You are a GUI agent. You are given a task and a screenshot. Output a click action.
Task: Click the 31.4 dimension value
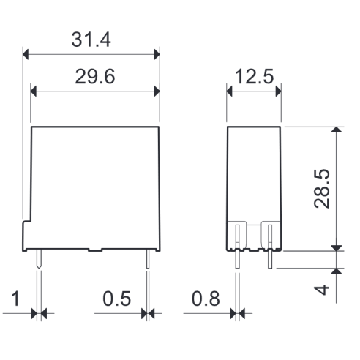(x=91, y=40)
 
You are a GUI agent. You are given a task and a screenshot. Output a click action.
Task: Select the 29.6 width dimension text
(x=95, y=77)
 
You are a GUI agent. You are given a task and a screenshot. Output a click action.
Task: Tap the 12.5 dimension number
(x=254, y=76)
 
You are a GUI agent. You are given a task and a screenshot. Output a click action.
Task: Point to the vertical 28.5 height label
(x=321, y=189)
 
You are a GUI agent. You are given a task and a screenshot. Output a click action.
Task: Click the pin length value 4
(x=321, y=290)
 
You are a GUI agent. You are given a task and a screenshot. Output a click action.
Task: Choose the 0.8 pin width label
(x=206, y=299)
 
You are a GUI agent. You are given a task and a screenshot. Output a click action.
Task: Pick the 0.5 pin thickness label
(x=117, y=299)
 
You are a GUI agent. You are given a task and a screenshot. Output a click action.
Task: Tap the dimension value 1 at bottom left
(x=15, y=299)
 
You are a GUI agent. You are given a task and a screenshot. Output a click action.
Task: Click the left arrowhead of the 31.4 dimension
(x=26, y=54)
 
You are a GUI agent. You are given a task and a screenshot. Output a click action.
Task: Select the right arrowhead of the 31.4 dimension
(x=157, y=54)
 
